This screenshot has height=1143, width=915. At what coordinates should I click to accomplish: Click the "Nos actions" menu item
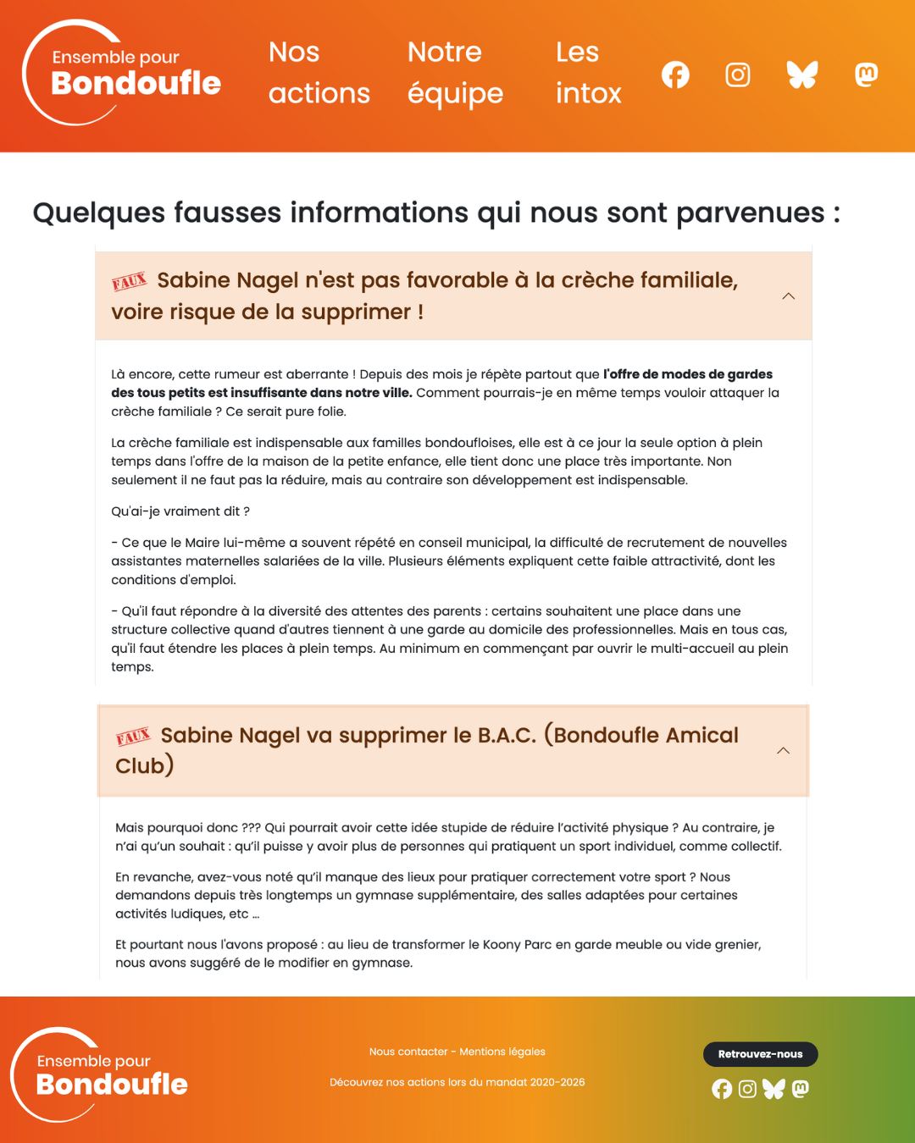(319, 73)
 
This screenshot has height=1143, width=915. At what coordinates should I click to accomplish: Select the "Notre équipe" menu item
(455, 73)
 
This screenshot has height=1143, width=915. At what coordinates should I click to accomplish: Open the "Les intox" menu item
(588, 73)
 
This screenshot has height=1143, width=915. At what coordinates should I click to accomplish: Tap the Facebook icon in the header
(675, 75)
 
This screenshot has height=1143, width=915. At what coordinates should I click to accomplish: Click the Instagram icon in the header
(738, 75)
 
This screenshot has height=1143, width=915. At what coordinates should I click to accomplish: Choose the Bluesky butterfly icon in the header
(801, 75)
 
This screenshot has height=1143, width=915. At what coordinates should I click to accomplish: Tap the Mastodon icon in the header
(866, 75)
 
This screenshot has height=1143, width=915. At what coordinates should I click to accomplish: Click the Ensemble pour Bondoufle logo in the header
(122, 74)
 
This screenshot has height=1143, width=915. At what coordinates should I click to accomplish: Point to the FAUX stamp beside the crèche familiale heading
(130, 282)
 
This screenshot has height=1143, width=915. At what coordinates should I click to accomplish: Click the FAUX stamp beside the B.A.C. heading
(133, 737)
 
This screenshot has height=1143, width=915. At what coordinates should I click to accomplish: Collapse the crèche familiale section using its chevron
(788, 296)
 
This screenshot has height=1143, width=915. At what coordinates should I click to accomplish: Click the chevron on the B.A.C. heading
(783, 751)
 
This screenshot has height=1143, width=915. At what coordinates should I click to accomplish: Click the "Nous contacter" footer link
(408, 1052)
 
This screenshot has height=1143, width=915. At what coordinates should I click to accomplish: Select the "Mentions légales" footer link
(502, 1052)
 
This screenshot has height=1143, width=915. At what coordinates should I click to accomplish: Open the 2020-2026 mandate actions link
(457, 1082)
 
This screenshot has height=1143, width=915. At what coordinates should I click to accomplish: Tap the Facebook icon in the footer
(722, 1089)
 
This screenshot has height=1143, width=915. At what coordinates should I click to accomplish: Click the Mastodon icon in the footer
(800, 1089)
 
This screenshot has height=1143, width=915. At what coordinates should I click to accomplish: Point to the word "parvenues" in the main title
(751, 213)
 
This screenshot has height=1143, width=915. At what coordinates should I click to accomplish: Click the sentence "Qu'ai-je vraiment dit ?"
(180, 511)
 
